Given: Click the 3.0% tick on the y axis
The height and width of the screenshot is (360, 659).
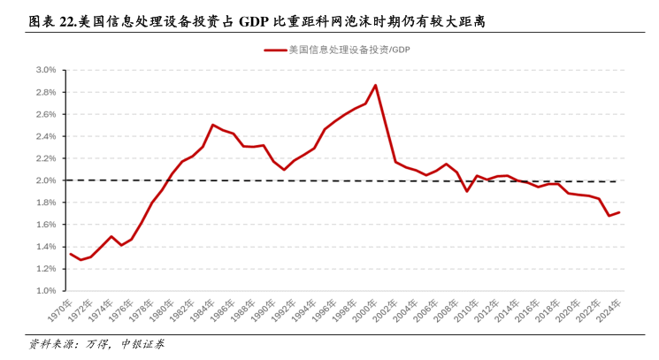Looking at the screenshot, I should coord(46,70).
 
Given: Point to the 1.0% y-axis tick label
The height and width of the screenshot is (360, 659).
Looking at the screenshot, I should coord(46,291).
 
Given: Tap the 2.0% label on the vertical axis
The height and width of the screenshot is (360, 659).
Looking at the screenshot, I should coord(46,180).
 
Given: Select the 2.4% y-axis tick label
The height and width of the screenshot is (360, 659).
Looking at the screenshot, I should coord(46,136).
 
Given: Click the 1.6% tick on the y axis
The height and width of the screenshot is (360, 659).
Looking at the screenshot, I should coord(46,225).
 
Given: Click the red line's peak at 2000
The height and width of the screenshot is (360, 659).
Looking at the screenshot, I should coord(375,85).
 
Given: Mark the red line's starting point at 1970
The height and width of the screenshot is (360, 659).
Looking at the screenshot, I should coord(71,255).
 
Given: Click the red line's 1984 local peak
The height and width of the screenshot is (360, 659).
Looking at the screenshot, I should coord(213,125).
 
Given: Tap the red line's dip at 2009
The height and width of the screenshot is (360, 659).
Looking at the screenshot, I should coord(467,191).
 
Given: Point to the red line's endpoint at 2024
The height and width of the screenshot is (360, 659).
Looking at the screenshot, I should coord(619,212).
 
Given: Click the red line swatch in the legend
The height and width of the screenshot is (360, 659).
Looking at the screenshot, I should coord(274,50).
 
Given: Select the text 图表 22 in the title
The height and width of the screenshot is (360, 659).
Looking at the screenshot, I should coord(50,19).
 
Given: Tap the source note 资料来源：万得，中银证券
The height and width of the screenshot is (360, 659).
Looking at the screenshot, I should coord(96,344).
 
